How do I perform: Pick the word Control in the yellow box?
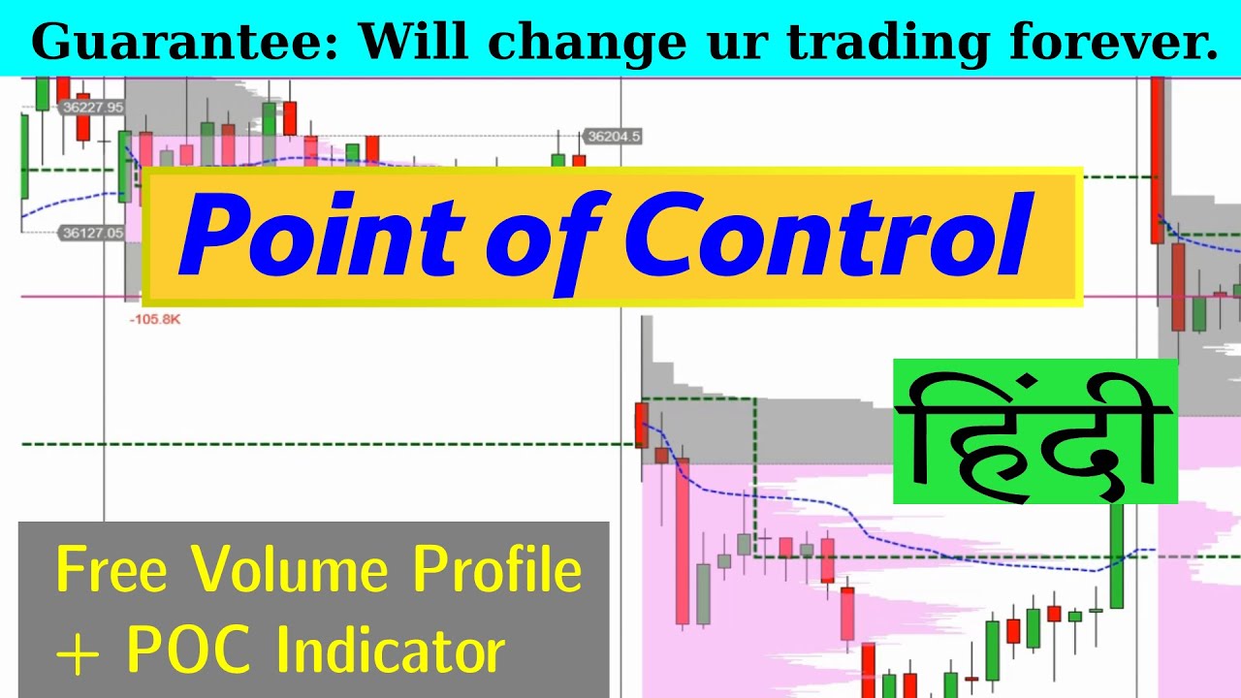coord(829,236)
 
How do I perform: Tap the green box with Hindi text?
coord(1034,432)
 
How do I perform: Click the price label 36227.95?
coord(92,108)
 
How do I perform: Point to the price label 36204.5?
coord(614,137)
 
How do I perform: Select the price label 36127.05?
coord(92,233)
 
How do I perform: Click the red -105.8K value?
coord(154,318)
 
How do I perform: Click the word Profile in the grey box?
coord(497,571)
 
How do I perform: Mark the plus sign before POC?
coord(79,652)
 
